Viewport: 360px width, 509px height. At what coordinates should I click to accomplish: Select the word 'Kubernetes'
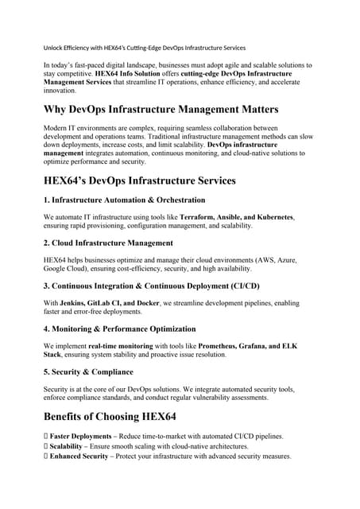pyautogui.click(x=270, y=216)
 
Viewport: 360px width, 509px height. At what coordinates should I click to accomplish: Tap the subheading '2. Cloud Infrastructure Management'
pyautogui.click(x=108, y=243)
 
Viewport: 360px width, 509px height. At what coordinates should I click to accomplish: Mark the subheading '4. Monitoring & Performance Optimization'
pyautogui.click(x=119, y=328)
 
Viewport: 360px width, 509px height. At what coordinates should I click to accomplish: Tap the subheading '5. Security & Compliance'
pyautogui.click(x=88, y=371)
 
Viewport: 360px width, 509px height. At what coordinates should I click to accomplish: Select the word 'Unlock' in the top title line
pyautogui.click(x=55, y=48)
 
